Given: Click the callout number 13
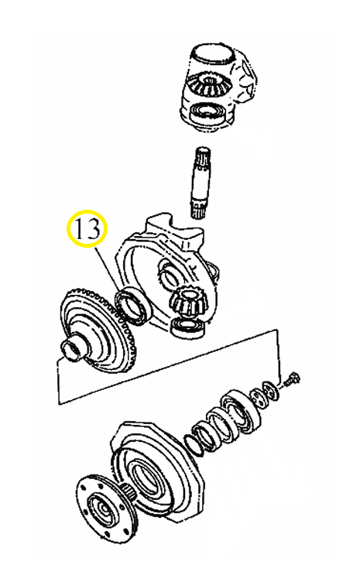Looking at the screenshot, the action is tap(87, 229).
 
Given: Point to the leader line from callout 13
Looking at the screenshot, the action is tap(107, 267).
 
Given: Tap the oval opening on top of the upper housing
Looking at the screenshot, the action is tap(213, 54).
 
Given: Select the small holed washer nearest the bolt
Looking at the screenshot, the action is tap(271, 390).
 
